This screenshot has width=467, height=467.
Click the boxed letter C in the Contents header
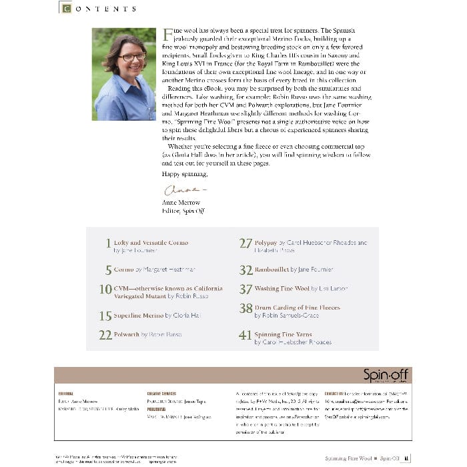coord(65,8)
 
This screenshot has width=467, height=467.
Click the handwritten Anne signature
coord(177,191)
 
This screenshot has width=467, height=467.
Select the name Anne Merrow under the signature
coord(181,202)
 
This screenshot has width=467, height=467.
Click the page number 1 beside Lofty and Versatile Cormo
coord(108,244)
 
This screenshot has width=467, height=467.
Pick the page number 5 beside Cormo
coord(108,270)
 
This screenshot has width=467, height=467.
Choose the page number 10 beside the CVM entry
coord(105,290)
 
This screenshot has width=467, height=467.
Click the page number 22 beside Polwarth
coord(105,335)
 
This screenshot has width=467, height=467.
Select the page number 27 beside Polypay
coord(246,244)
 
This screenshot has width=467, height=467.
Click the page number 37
coord(246,290)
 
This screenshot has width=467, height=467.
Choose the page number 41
coord(246,335)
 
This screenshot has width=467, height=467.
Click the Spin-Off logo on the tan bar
coord(387,375)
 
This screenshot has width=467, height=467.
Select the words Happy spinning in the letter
coord(185,174)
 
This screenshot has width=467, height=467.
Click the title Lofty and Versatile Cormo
coord(151,243)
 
